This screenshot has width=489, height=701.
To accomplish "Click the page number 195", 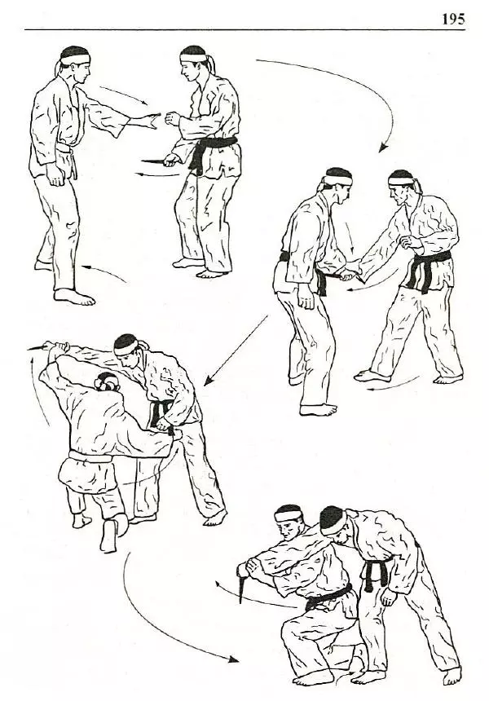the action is click(x=453, y=19).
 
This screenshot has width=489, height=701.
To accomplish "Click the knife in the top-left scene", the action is click(x=155, y=161).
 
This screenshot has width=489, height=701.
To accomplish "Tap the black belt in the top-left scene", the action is click(x=209, y=152).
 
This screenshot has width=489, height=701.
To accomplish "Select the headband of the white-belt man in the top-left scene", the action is click(x=76, y=58).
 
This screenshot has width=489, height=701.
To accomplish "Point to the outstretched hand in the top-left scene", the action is click(x=146, y=121).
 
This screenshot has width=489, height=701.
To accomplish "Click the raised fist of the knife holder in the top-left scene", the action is click(x=173, y=118).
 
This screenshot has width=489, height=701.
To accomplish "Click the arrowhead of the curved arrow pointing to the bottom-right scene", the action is click(x=233, y=659).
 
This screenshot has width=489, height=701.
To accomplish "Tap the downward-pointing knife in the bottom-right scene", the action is click(x=242, y=584).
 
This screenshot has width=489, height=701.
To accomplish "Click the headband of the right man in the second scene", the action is click(x=402, y=181).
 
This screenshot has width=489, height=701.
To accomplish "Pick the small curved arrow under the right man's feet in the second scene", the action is click(x=393, y=385).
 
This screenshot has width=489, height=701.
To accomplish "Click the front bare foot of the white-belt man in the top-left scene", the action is click(x=73, y=297).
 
